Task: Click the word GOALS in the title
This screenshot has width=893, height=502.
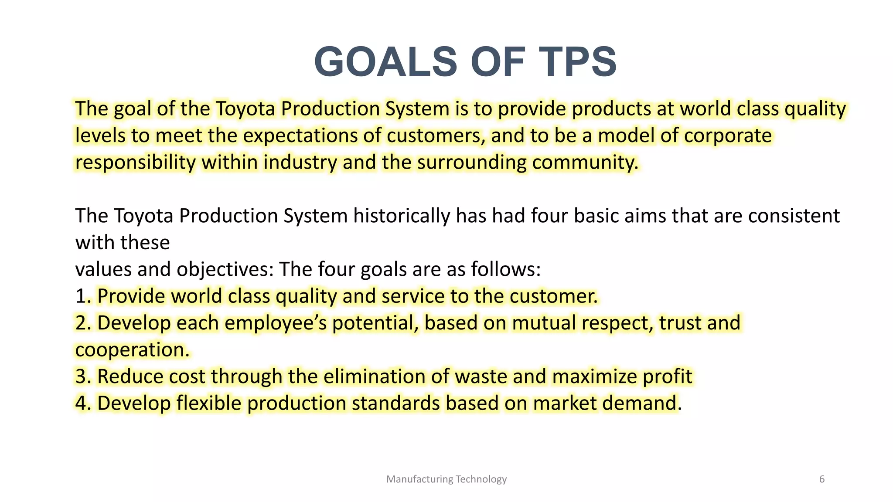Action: click(x=386, y=62)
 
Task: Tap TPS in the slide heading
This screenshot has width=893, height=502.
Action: click(x=578, y=62)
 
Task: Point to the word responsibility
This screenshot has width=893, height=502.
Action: click(x=135, y=163)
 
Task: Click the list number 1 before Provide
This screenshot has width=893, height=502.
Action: click(x=82, y=296)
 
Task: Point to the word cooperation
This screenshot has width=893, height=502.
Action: click(x=132, y=350)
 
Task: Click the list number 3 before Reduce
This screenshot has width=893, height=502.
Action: click(x=82, y=376)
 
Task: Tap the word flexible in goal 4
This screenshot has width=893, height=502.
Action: click(x=208, y=403)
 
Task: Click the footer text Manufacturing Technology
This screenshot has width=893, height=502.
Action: click(x=446, y=479)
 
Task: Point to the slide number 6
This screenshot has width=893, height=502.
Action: click(x=822, y=479)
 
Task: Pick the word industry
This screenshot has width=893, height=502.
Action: click(x=300, y=163)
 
